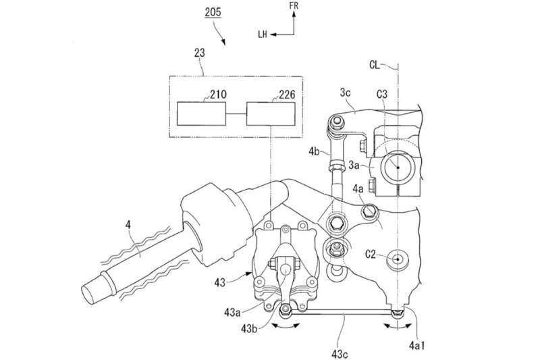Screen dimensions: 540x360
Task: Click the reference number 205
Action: tap(213, 12)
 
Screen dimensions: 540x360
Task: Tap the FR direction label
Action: tap(294, 6)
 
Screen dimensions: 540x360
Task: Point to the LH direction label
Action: tap(263, 34)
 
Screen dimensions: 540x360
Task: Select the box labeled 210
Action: tap(201, 113)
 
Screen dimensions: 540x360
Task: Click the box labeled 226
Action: tap(271, 113)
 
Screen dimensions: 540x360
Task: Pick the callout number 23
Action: tap(199, 53)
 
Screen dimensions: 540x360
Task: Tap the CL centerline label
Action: tap(375, 65)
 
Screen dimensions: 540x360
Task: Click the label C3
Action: tap(382, 94)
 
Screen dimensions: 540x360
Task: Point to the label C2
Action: tap(371, 255)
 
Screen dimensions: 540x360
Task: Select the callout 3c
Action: tap(346, 93)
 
